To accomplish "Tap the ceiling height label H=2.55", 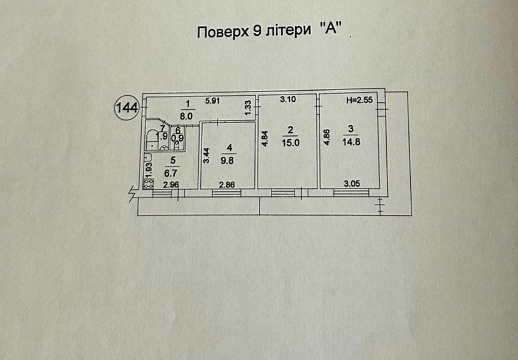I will click(x=359, y=100).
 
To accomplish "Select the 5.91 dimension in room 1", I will click(x=212, y=101).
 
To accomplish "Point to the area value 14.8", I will click(x=351, y=142).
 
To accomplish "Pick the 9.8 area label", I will click(x=227, y=160).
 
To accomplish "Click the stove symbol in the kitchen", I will click(x=149, y=184).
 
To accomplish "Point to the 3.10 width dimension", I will click(x=288, y=99).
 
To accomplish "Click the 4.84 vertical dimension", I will click(x=265, y=139).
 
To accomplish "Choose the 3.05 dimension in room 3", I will click(x=352, y=184).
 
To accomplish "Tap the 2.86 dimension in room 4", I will click(x=227, y=185).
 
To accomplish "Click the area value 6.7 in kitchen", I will click(x=171, y=173).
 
